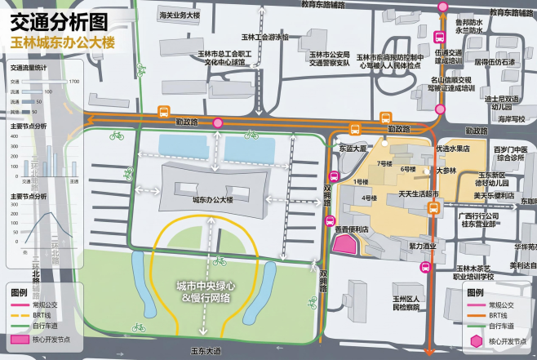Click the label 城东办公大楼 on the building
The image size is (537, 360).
click(x=212, y=199)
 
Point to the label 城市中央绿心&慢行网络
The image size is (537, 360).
click(x=206, y=292)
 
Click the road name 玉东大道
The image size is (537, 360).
click(x=206, y=352)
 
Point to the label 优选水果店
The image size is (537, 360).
click(x=454, y=149)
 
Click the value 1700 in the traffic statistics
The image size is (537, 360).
click(x=74, y=82)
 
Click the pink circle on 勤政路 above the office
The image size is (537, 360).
click(x=218, y=122)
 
